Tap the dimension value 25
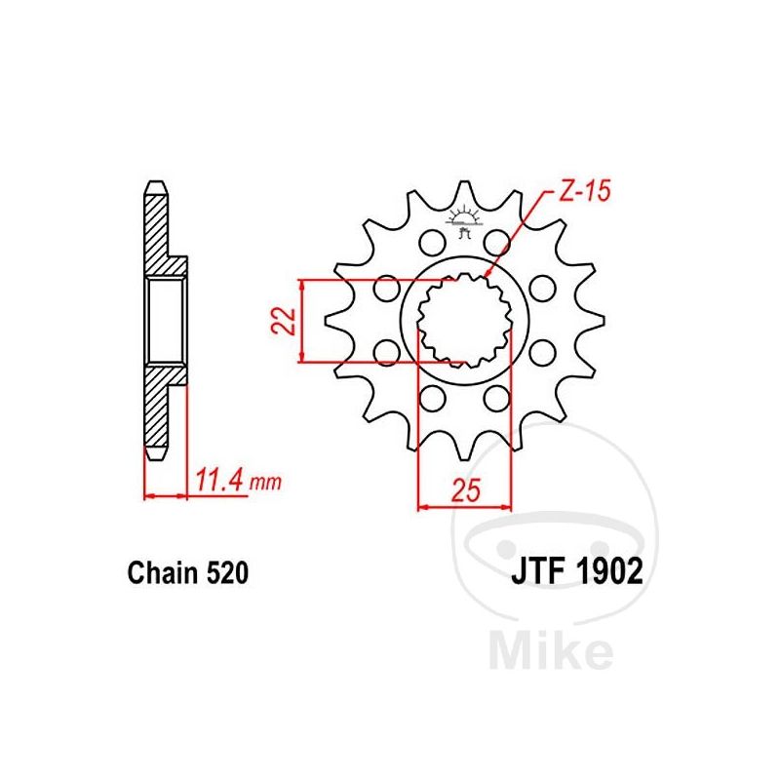466,490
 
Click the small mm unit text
265,482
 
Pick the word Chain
163,572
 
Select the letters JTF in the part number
539,571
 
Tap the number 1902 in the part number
608,571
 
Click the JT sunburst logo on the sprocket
464,217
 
